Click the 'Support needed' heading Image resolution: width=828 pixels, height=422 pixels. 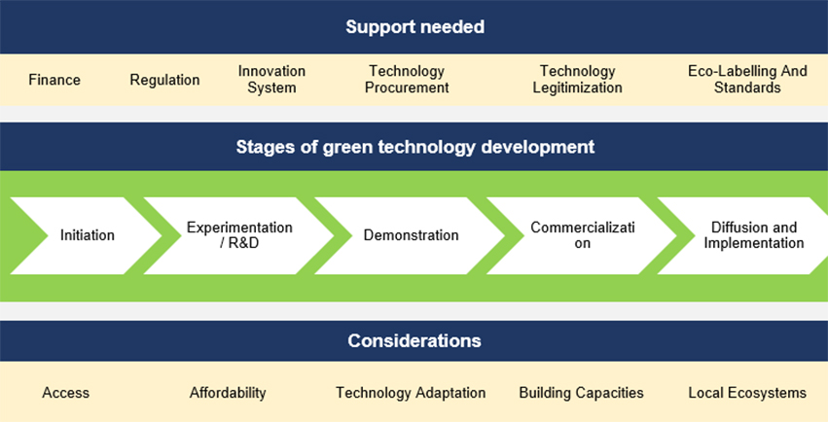(414, 27)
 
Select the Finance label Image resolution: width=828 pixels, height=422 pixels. (54, 80)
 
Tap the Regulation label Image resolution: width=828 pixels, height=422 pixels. (164, 80)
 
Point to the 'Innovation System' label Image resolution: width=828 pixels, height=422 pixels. (271, 79)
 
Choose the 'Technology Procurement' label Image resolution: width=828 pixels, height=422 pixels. (407, 79)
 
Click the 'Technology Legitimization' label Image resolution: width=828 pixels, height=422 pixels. (577, 79)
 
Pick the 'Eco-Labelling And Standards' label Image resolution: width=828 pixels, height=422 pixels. (747, 79)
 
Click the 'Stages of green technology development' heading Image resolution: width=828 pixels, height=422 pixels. (415, 147)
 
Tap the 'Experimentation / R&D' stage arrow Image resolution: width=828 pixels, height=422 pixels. (239, 235)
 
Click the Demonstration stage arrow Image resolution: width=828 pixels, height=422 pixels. (411, 235)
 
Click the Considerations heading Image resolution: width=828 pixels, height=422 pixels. (414, 340)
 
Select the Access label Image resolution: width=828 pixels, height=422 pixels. (65, 393)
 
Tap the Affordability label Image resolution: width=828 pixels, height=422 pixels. (228, 393)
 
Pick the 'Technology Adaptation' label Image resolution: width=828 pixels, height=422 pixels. (411, 393)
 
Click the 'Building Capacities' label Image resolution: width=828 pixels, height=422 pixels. (581, 393)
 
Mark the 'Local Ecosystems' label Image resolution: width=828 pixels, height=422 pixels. (747, 393)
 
